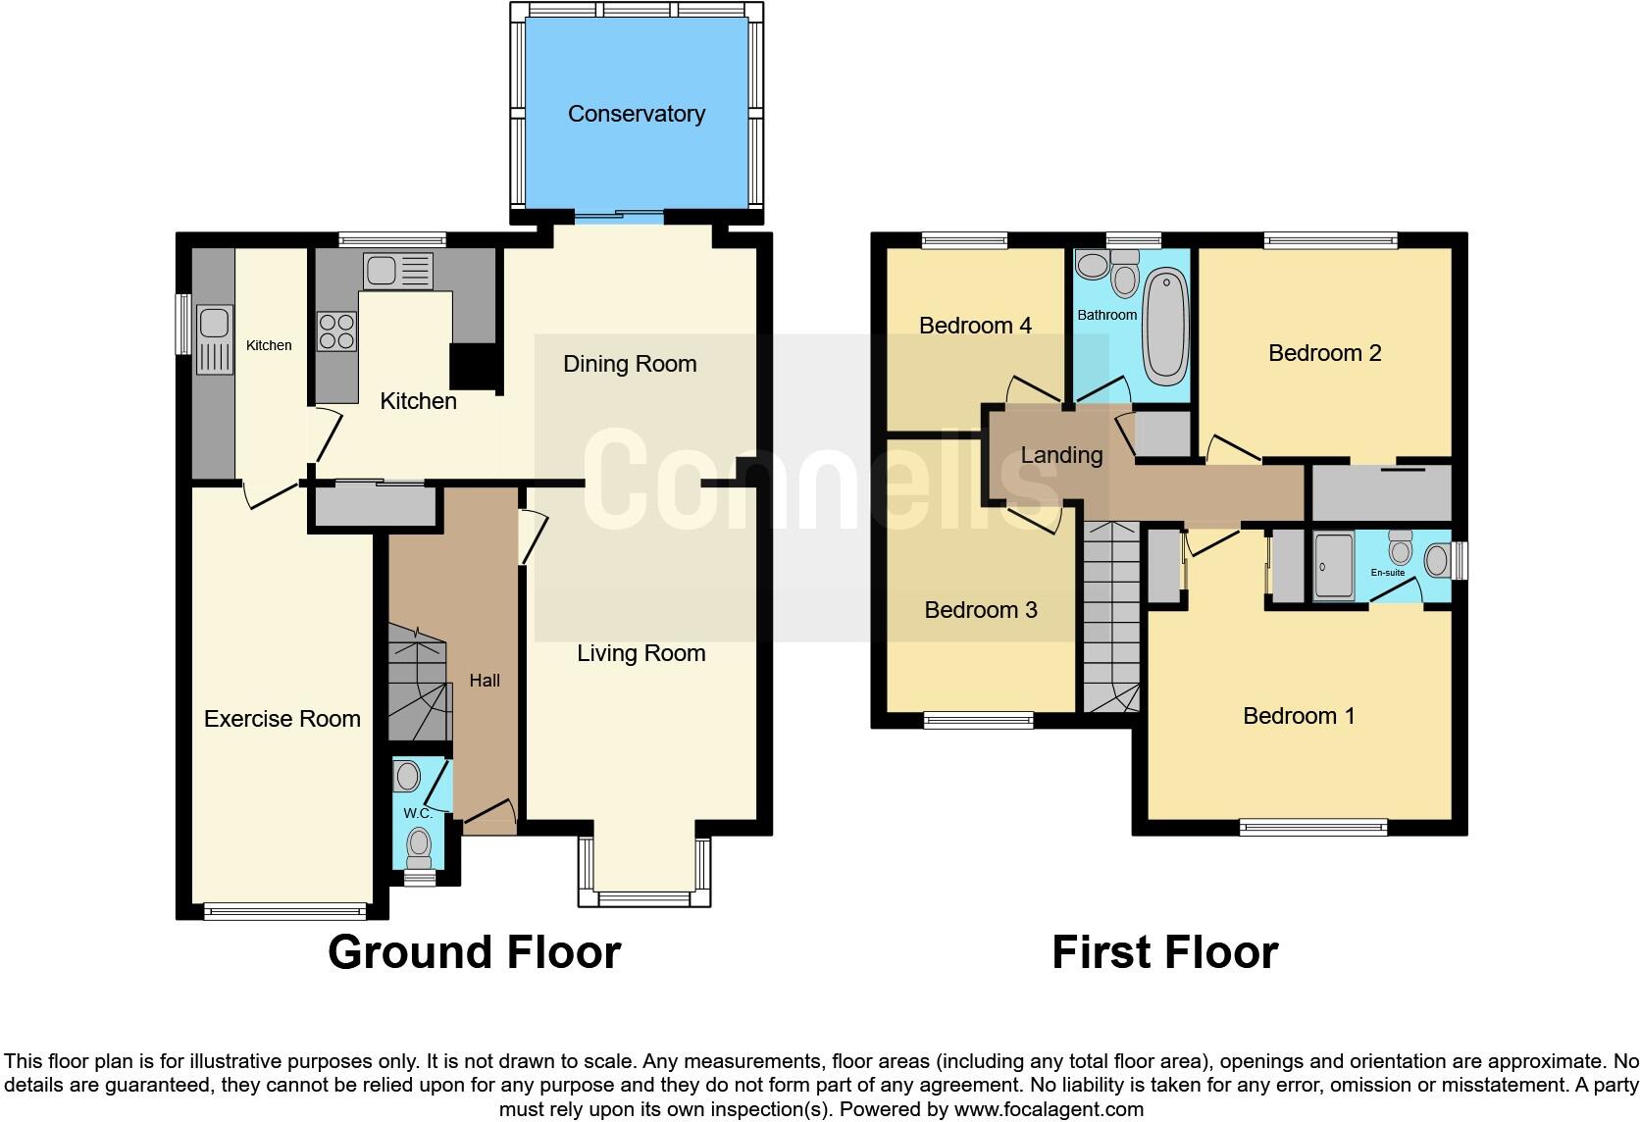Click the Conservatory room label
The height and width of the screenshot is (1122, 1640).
[636, 114]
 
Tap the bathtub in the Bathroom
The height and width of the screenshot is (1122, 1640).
[1166, 324]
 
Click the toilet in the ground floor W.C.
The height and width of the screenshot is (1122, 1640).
[420, 844]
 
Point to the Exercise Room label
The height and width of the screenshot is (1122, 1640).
[282, 719]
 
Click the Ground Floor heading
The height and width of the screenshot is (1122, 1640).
[474, 952]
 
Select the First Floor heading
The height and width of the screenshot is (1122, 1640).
[1164, 952]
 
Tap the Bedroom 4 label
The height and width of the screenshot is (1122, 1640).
[975, 326]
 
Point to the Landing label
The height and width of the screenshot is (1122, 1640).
[1061, 455]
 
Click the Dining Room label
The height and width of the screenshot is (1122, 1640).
[630, 364]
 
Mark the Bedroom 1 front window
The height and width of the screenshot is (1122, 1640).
[1313, 828]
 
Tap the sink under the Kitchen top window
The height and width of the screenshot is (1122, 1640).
[397, 271]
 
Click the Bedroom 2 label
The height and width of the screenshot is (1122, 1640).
[1324, 353]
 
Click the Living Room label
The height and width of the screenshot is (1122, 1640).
[641, 653]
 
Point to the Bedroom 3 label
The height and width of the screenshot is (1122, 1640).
[980, 610]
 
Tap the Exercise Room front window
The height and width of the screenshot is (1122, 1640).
[285, 911]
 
